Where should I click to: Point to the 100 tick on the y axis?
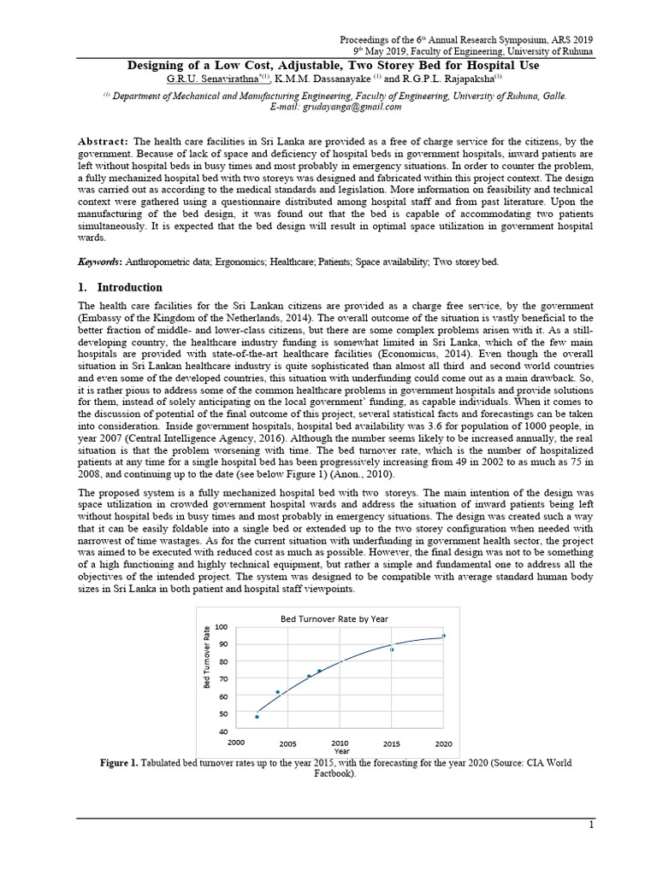(x=222, y=627)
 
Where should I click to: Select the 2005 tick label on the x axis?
(x=287, y=743)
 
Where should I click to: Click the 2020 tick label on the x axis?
(x=444, y=743)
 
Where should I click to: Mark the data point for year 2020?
(x=443, y=636)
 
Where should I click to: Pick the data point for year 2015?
(x=392, y=649)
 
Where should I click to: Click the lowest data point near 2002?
(x=257, y=717)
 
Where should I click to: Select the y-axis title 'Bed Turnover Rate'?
(x=206, y=659)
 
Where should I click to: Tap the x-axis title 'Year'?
(x=342, y=751)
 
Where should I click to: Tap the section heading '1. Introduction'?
(x=120, y=287)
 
